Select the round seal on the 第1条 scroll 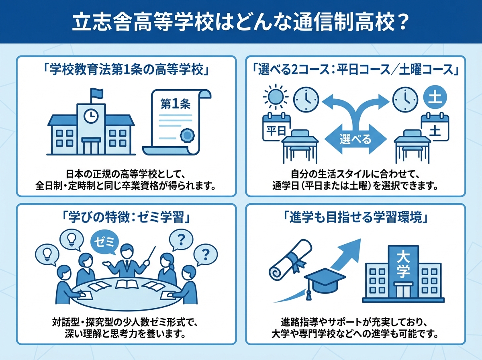click(x=186, y=135)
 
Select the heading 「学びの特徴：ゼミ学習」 click(x=126, y=217)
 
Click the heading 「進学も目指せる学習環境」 click(x=355, y=217)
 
